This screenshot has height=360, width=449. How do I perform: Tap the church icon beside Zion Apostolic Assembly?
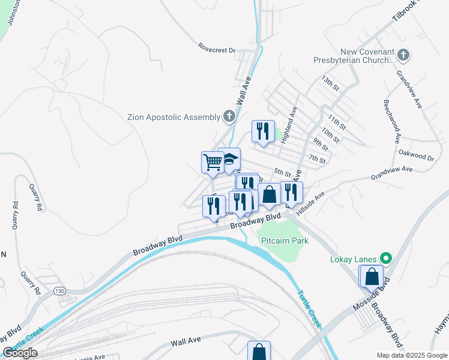click(229, 116)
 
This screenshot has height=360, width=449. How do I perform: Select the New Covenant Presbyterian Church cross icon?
click(403, 56)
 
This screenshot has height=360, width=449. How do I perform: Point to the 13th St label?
click(330, 83)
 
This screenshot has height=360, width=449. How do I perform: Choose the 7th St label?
click(317, 160)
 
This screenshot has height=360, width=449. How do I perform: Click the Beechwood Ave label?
click(397, 127)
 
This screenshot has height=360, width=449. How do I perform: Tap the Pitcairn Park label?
click(285, 241)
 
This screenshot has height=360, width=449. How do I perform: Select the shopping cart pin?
click(212, 162)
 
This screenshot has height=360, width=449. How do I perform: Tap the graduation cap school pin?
click(229, 159)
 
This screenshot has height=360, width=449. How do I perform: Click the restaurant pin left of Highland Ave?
click(263, 131)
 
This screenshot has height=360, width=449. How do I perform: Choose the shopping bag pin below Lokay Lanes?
click(372, 276)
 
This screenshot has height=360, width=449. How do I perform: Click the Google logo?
click(20, 353)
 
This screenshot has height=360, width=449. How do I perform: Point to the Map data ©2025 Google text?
click(411, 355)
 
